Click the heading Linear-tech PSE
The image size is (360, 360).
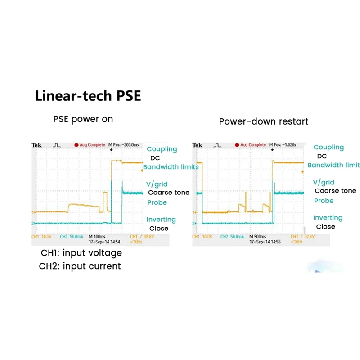click(x=88, y=96)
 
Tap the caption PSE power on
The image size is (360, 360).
click(x=83, y=119)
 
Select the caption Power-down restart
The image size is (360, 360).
click(x=264, y=121)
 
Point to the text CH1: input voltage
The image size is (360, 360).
click(x=81, y=252)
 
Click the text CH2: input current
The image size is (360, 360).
click(x=80, y=266)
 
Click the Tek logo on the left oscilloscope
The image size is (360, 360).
click(x=36, y=145)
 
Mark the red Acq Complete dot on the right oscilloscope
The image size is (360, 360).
click(x=237, y=145)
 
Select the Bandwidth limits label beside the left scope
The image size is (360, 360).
click(x=171, y=167)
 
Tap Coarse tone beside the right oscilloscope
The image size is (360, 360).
click(x=335, y=191)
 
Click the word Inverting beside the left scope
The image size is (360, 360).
click(x=161, y=220)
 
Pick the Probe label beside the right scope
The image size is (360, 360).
click(x=324, y=201)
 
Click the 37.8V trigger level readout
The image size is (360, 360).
click(x=300, y=237)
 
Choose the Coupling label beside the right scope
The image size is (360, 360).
click(x=328, y=147)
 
